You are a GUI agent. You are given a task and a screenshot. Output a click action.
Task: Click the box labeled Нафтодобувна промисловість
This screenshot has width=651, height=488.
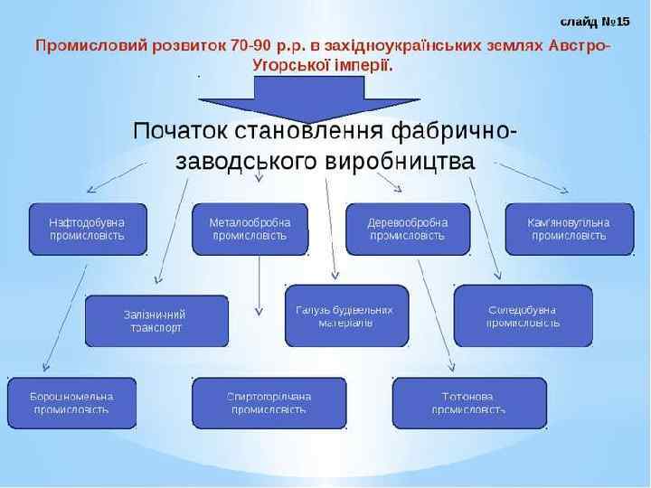point(88,229)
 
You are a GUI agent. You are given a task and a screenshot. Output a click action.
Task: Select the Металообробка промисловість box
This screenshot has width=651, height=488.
point(250,229)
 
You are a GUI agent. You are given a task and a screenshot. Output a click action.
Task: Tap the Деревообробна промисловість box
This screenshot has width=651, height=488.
point(407,229)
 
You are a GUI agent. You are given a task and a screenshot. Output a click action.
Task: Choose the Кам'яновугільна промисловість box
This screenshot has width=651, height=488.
point(568,229)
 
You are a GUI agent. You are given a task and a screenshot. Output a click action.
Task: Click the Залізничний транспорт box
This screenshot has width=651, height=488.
point(155,321)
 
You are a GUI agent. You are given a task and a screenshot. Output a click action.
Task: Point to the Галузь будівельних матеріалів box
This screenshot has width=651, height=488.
point(345,316)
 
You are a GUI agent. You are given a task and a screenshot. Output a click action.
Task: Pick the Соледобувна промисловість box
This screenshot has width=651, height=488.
point(523,316)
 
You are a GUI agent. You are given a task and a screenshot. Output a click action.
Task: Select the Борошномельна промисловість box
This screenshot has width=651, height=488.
point(71,403)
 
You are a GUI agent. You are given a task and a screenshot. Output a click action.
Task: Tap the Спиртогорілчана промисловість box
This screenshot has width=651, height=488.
point(269,403)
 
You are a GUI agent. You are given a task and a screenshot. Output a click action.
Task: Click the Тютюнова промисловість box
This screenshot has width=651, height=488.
point(468,403)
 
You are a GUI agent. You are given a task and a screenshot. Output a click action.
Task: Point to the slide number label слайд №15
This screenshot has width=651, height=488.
point(594,20)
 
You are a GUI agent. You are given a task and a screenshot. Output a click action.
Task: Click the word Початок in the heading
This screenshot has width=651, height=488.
point(181,130)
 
